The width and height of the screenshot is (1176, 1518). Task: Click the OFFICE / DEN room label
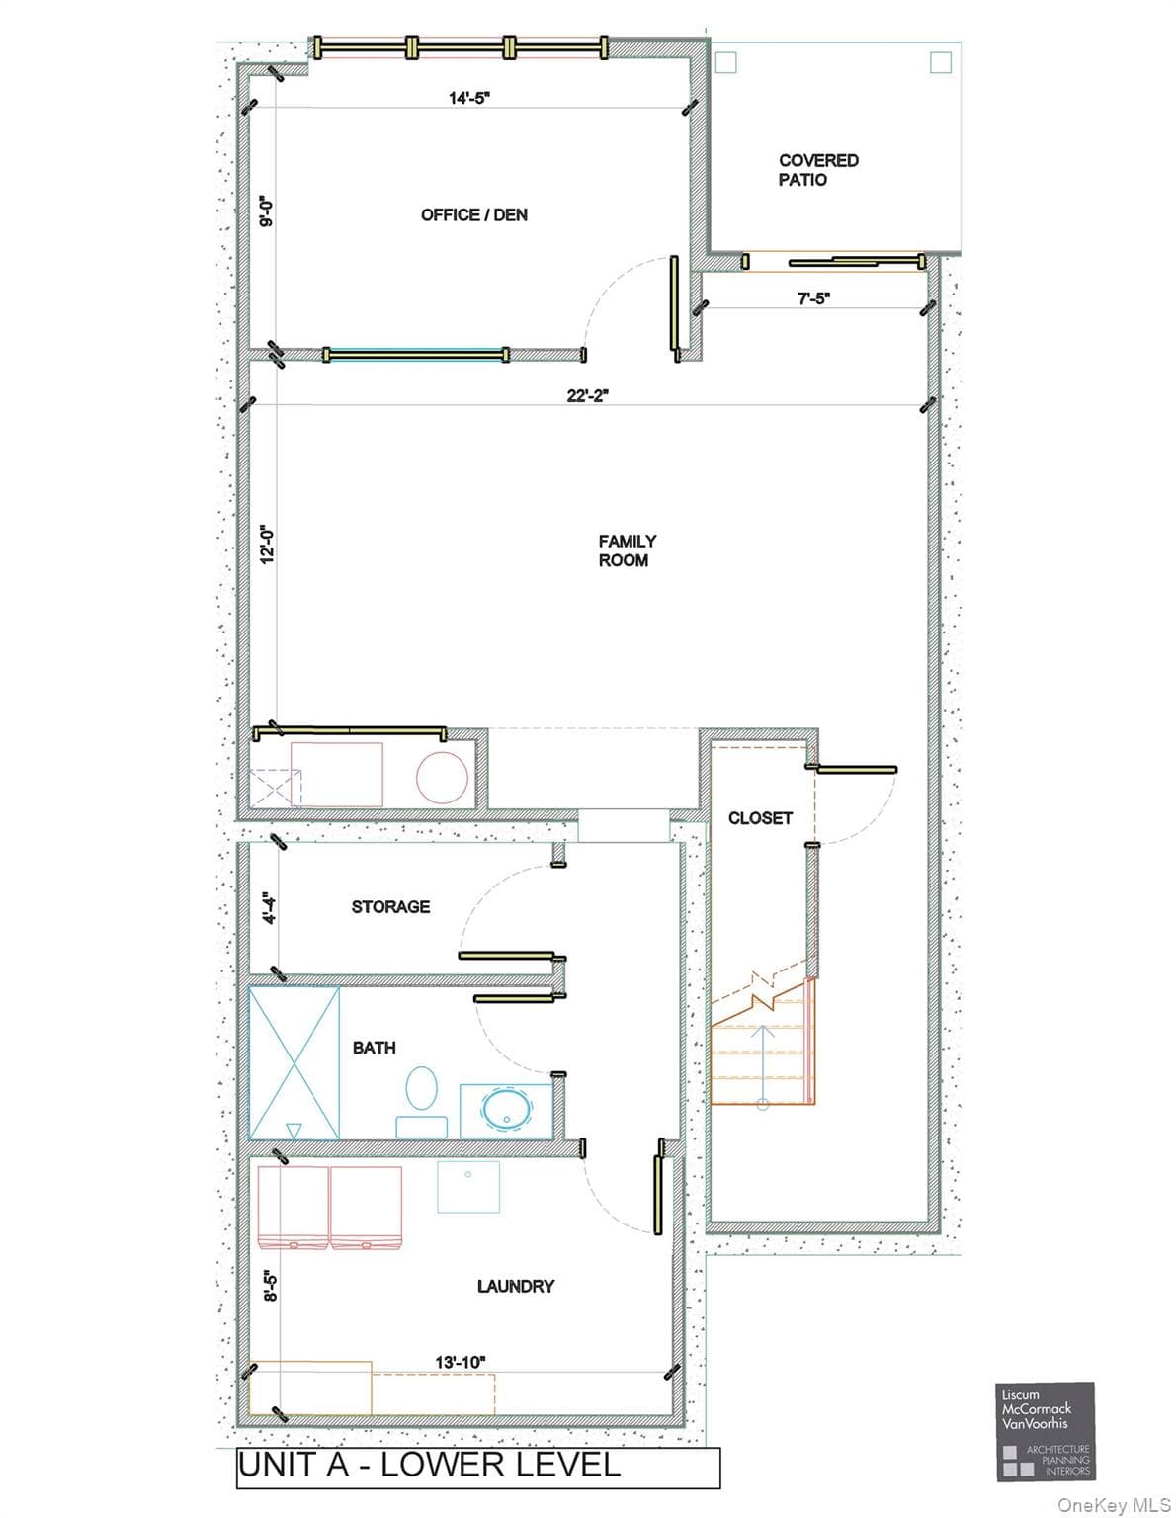473,215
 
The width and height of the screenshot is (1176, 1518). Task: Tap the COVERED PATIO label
817,170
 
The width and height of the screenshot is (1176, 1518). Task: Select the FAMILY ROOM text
627,550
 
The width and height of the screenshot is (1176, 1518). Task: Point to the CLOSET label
760,818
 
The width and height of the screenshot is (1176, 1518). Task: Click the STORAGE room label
390,907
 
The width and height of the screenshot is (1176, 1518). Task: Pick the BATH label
374,1048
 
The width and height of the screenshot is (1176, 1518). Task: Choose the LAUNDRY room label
516,1286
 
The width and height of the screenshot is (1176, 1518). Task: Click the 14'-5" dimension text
468,98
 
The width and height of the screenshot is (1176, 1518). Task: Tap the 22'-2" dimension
587,396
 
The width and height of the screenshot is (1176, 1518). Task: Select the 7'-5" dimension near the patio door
813,299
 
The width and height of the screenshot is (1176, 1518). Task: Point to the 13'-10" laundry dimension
461,1362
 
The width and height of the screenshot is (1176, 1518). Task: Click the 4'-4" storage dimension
270,907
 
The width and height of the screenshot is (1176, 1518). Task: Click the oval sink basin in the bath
507,1108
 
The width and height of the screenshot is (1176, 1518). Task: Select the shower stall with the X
294,1063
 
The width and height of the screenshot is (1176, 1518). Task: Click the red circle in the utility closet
442,777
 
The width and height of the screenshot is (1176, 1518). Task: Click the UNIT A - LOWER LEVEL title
429,1465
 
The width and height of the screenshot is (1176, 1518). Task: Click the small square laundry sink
468,1187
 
